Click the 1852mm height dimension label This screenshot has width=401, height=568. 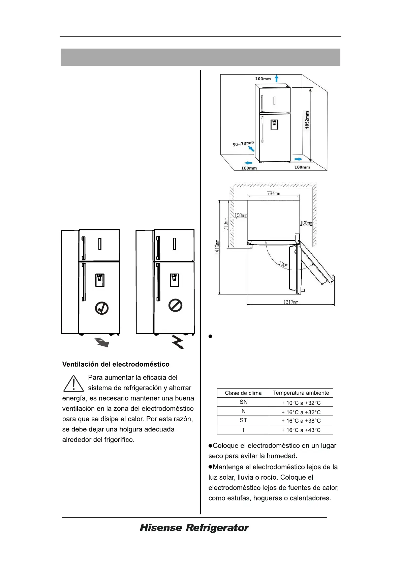click(307, 120)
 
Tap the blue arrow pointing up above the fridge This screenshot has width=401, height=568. click(276, 79)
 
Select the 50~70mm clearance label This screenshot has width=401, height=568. click(243, 144)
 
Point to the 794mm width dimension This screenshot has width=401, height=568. click(273, 193)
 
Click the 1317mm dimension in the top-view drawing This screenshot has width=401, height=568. click(290, 302)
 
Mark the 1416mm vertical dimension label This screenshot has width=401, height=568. click(217, 247)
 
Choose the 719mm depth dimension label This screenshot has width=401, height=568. click(226, 224)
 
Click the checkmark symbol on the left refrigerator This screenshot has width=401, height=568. click(102, 308)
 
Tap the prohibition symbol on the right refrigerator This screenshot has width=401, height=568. click(175, 306)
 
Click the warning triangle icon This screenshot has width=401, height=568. click(73, 384)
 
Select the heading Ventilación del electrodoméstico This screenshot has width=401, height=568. click(116, 364)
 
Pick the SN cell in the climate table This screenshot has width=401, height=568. click(243, 402)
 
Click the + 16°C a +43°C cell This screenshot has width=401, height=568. click(301, 430)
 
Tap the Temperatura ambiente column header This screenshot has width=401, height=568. click(301, 393)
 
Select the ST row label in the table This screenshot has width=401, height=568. click(243, 420)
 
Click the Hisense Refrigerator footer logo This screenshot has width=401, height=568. click(194, 528)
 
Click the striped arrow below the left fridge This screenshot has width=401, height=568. click(102, 342)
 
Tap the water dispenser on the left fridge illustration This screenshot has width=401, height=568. click(100, 280)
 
